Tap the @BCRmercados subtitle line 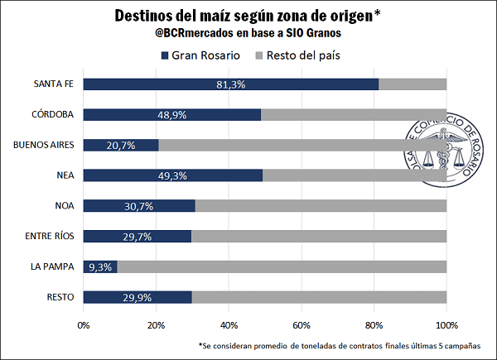248,35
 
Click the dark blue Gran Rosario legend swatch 163,56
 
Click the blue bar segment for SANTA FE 230,84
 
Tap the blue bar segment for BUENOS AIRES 121,145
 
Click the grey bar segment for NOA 321,205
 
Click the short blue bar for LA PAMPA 100,266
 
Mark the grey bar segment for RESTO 319,297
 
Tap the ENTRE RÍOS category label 51,236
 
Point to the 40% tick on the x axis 229,324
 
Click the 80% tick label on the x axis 374,324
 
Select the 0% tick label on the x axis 84,324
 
